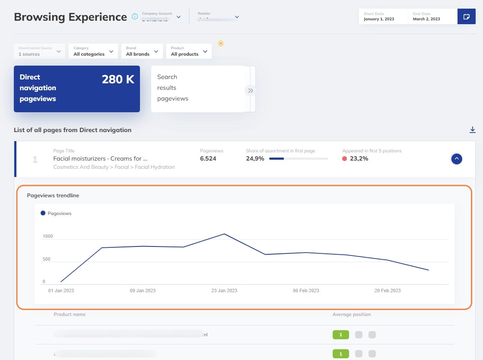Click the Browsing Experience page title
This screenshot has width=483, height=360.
click(70, 17)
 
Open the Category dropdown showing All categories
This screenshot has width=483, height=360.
click(93, 51)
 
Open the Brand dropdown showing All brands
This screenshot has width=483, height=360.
click(142, 51)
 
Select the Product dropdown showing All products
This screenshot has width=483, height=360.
click(189, 51)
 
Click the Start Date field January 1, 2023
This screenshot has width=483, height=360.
click(383, 16)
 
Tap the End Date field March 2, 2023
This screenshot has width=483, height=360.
click(432, 16)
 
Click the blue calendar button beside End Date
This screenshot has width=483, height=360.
click(466, 16)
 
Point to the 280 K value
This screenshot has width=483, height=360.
click(118, 79)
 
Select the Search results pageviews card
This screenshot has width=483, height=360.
click(197, 88)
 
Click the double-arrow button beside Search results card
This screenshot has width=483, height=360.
click(250, 91)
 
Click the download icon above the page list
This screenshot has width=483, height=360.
click(473, 130)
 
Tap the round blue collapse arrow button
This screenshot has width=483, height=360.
click(457, 159)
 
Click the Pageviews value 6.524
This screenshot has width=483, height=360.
click(208, 158)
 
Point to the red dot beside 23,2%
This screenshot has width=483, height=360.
click(345, 158)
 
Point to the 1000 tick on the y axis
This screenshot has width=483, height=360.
click(48, 237)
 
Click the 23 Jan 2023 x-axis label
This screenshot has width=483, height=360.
click(224, 291)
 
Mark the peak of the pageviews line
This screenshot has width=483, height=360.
click(224, 234)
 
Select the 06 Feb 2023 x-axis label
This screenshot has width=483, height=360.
click(306, 291)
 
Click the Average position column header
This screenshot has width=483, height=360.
click(351, 314)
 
